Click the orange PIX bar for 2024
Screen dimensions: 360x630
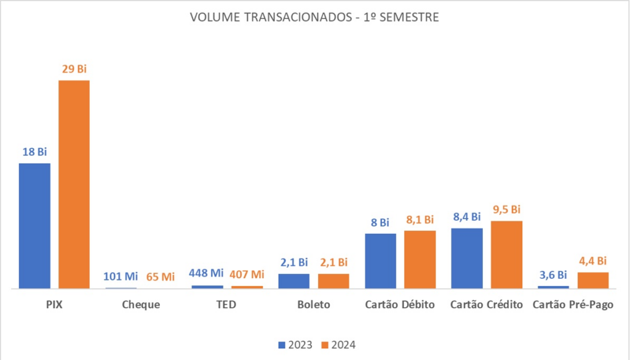74,184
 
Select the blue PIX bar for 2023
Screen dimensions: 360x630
34,225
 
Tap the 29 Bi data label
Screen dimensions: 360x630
74,69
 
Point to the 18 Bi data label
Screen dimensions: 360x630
34,152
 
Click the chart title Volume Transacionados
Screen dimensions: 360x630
314,17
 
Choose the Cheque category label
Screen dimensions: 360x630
141,305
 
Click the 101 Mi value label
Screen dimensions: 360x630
121,276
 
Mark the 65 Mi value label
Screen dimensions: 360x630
161,276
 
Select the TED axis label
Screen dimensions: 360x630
227,305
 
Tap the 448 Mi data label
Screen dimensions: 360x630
206,273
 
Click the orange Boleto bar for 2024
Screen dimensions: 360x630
333,281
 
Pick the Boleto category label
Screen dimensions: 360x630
313,305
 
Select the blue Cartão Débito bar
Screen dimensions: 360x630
380,260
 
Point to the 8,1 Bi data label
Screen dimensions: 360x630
420,220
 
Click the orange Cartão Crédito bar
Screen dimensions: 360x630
506,254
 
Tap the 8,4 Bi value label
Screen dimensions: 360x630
466,217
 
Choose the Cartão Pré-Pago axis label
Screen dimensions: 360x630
573,305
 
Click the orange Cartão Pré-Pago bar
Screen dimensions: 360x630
593,280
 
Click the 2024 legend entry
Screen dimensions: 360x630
338,345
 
